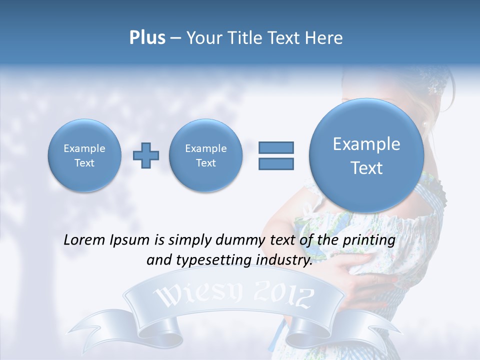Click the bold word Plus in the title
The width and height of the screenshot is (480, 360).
click(147, 38)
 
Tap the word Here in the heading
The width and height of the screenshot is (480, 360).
click(323, 38)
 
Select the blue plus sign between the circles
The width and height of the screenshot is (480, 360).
click(146, 155)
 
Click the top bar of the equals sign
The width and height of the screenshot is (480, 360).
click(276, 147)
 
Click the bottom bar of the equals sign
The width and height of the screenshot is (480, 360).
click(276, 164)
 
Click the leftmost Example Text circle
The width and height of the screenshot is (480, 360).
click(84, 155)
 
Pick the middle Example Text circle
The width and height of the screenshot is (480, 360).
click(205, 155)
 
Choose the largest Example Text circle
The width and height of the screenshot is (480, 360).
click(366, 155)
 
